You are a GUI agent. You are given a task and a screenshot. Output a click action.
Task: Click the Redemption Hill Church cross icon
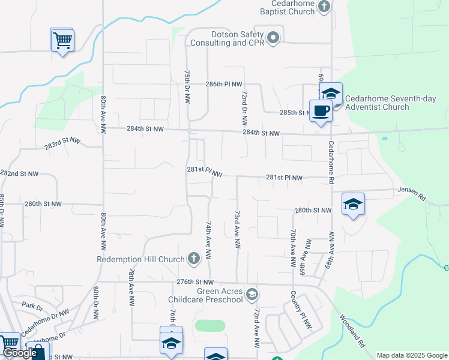point(193,259)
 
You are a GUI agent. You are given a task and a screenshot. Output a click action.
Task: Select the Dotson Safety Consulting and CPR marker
point(273,38)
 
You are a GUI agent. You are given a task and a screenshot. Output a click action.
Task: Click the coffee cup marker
point(321,110)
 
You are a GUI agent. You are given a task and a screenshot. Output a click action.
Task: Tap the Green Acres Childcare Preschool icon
point(253,293)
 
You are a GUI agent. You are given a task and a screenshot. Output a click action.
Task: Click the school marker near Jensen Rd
point(354,204)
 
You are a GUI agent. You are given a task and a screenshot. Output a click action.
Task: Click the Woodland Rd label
point(352,331)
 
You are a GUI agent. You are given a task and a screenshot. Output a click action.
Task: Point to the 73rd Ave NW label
point(237,230)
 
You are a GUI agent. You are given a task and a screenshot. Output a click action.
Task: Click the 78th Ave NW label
point(131,287)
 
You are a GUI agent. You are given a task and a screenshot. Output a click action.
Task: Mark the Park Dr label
point(32,306)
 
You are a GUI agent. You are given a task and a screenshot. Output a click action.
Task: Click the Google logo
point(19,353)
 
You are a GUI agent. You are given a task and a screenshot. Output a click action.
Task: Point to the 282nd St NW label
point(19,173)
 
